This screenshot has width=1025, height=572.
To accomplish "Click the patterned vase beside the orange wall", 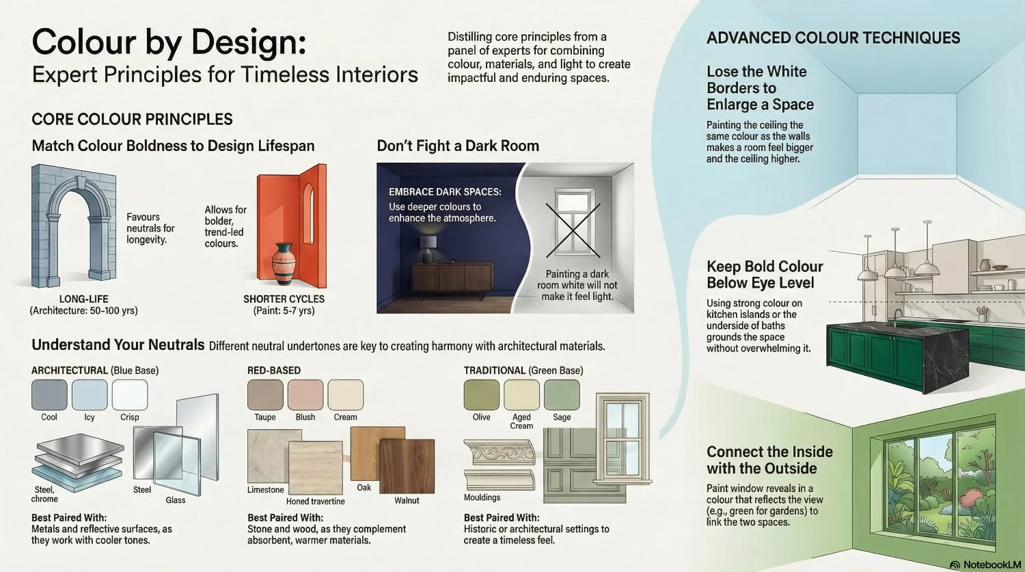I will click(x=282, y=264).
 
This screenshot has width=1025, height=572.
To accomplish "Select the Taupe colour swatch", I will click(x=265, y=395).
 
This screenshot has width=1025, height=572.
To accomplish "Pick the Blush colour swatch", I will click(x=305, y=395).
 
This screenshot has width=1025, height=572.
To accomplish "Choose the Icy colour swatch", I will click(x=90, y=395).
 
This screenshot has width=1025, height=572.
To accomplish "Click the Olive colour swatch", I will click(x=481, y=395).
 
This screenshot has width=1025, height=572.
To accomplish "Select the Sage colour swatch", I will click(x=562, y=395).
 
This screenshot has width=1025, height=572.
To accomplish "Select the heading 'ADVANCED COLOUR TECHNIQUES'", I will click(x=833, y=38).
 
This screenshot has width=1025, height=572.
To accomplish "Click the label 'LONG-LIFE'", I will click(x=83, y=299).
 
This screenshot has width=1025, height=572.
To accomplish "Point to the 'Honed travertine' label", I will click(x=315, y=501).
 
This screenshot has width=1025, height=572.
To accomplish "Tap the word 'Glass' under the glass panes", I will click(x=176, y=500).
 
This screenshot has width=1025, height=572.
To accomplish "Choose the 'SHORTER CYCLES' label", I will click(x=284, y=299).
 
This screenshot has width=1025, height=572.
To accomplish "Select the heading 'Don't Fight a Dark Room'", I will click(x=458, y=146).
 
